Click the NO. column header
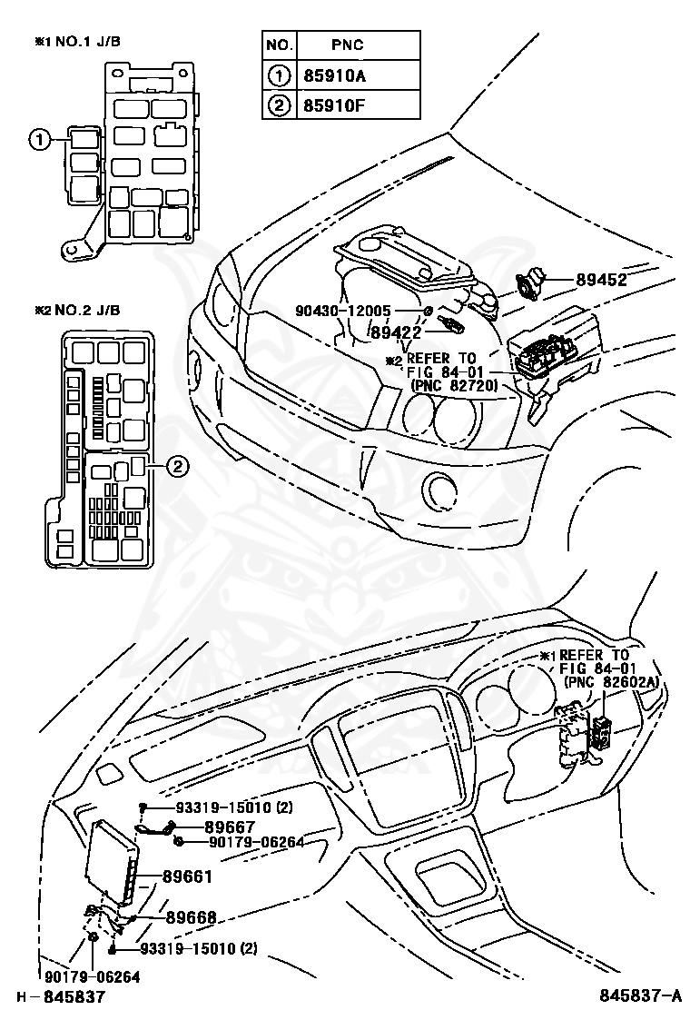click(278, 45)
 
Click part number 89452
click(601, 280)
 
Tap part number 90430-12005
click(341, 311)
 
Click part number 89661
click(188, 876)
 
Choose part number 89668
click(191, 917)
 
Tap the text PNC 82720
click(451, 385)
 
